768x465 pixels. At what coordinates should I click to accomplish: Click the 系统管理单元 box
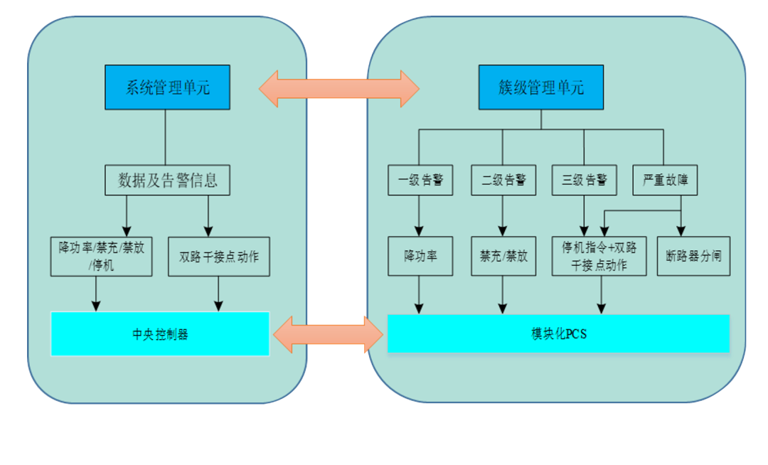pyautogui.click(x=168, y=87)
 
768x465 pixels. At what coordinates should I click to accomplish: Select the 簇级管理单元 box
pyautogui.click(x=540, y=87)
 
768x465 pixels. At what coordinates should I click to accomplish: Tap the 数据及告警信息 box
pyautogui.click(x=168, y=181)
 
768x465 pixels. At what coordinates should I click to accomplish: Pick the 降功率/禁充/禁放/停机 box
pyautogui.click(x=101, y=257)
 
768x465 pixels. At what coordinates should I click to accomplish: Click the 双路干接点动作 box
pyautogui.click(x=219, y=257)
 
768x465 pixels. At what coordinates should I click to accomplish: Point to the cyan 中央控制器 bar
pyautogui.click(x=160, y=333)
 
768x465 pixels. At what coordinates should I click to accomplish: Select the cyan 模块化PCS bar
pyautogui.click(x=558, y=333)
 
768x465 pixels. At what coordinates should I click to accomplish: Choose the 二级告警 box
pyautogui.click(x=503, y=181)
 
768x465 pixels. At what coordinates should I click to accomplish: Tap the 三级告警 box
pyautogui.click(x=585, y=181)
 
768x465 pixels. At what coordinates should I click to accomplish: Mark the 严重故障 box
pyautogui.click(x=666, y=181)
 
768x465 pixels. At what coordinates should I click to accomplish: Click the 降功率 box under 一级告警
pyautogui.click(x=420, y=257)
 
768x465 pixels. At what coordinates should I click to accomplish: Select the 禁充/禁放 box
pyautogui.click(x=503, y=257)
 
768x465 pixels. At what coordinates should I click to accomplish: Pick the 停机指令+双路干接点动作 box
pyautogui.click(x=599, y=257)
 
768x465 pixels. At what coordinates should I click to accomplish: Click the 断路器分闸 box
pyautogui.click(x=693, y=257)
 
